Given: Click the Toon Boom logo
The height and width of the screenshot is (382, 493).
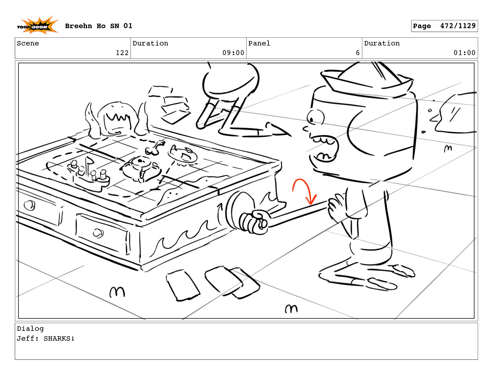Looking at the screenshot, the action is click(38, 25).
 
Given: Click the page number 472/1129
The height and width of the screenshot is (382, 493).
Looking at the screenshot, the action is click(458, 26).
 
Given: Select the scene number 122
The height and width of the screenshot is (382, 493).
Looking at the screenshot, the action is click(122, 53).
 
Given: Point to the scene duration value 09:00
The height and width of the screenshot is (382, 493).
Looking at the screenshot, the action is click(233, 53).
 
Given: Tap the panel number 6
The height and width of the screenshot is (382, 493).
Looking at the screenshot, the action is click(357, 53).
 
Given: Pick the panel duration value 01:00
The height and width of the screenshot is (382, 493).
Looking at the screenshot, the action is click(464, 53).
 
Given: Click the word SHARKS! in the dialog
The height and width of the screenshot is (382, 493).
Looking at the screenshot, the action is click(59, 338).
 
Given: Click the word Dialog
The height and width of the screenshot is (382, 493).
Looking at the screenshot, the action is click(30, 329).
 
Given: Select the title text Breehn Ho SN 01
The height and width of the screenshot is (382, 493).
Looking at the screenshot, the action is click(98, 26).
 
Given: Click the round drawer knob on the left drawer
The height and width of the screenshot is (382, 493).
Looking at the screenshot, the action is click(30, 205).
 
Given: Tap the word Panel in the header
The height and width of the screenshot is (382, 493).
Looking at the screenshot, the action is click(259, 43).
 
